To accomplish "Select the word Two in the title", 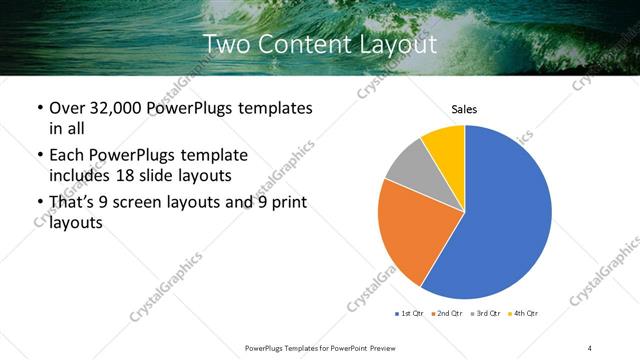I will (226, 45).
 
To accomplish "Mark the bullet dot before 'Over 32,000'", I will (39, 108).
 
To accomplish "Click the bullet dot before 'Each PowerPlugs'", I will (39, 155).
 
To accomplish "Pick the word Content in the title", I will (303, 45).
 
